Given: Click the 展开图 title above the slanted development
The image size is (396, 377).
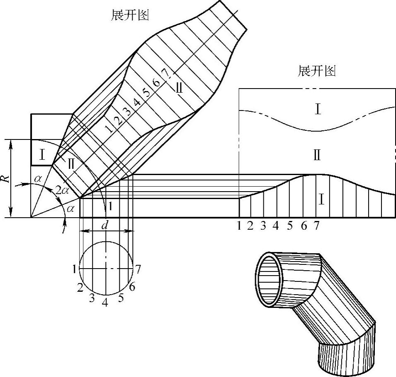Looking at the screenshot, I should tap(130, 15).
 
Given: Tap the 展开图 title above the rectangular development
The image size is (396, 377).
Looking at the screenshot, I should tap(317, 71).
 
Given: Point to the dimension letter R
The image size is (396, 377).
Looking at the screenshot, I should tap(5, 179).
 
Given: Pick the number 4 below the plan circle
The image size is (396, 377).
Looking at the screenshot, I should tap(105, 303).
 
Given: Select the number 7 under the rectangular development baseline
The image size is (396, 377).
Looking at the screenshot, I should tap(317, 226).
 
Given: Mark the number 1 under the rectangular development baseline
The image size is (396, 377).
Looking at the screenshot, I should tap(239, 226).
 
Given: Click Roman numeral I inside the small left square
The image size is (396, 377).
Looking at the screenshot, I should tap(42, 156).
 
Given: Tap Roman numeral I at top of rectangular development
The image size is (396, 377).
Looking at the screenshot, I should tap(318, 109).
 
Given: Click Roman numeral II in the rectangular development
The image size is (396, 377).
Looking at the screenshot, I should tap(317, 156).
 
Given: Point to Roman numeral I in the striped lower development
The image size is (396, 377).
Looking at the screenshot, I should tap(322, 200).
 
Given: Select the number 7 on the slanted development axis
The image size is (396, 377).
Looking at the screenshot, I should tap(165, 74).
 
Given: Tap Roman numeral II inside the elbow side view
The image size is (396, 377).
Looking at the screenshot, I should tap(71, 163).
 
